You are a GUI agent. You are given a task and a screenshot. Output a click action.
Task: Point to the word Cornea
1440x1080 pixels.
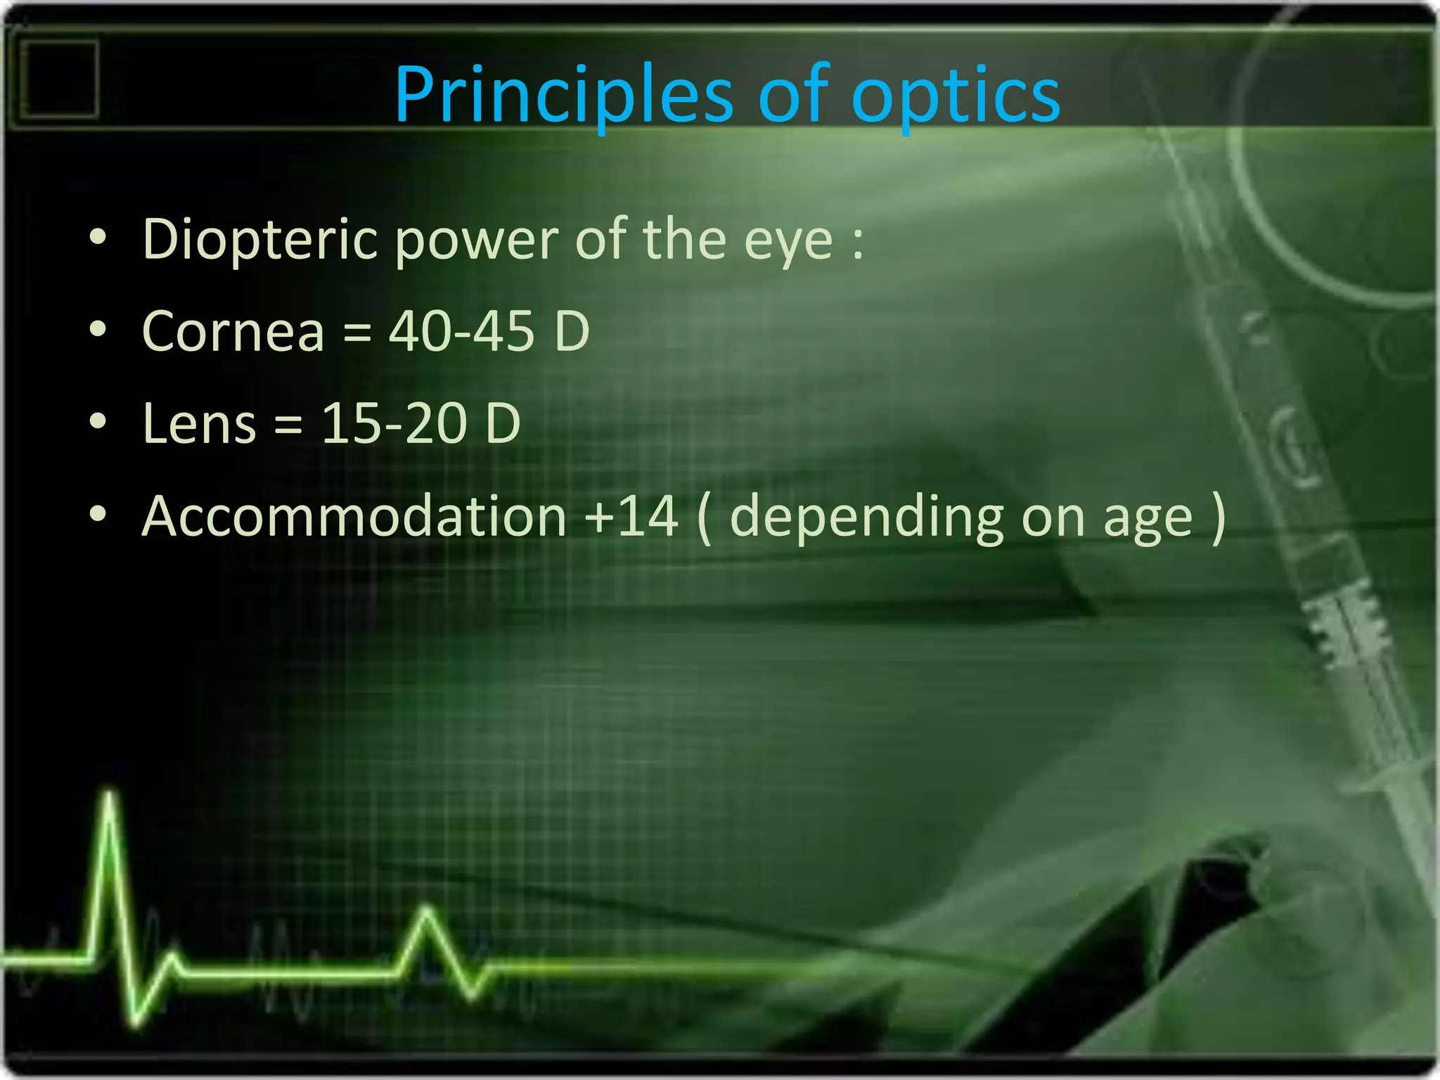click(x=233, y=331)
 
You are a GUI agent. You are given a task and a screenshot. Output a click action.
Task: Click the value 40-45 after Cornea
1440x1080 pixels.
click(x=461, y=331)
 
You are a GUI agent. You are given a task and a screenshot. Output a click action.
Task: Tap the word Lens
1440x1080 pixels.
click(x=199, y=424)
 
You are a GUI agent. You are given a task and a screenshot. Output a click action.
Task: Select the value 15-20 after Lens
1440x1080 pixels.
click(x=393, y=424)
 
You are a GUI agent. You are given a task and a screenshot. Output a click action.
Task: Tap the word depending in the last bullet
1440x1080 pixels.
click(x=866, y=519)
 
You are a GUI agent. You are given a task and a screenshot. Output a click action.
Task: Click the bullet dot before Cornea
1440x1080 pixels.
click(x=98, y=329)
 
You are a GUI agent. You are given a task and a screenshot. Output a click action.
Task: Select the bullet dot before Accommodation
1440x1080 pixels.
click(x=98, y=514)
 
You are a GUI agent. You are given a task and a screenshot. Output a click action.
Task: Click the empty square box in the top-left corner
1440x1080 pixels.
click(x=59, y=79)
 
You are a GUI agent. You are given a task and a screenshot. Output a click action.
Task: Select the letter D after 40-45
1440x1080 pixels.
click(x=571, y=331)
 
